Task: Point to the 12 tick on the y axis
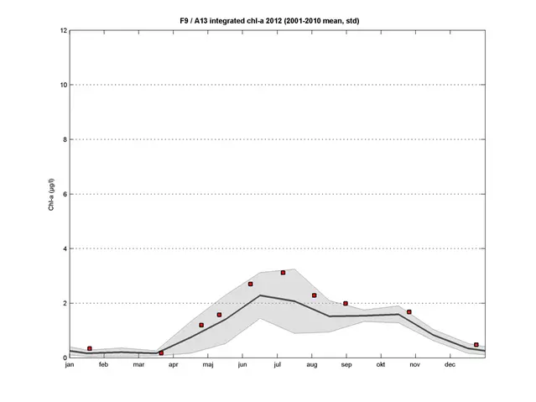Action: [63, 30]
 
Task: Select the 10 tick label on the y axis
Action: [63, 85]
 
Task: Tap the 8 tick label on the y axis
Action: [65, 139]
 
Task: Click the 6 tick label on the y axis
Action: [65, 194]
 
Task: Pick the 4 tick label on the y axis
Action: [65, 248]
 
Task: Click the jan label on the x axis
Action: [70, 365]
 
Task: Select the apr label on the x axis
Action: [173, 365]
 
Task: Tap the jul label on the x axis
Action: [277, 365]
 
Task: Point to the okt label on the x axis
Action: [380, 365]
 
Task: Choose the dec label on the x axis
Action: [450, 365]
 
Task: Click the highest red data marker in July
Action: [284, 273]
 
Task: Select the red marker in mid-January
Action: [90, 348]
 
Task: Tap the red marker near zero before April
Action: [161, 353]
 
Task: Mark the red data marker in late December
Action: [476, 345]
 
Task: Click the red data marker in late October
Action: [409, 312]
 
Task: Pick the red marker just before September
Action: [346, 304]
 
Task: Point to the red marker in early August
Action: [314, 295]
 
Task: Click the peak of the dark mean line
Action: [260, 295]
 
